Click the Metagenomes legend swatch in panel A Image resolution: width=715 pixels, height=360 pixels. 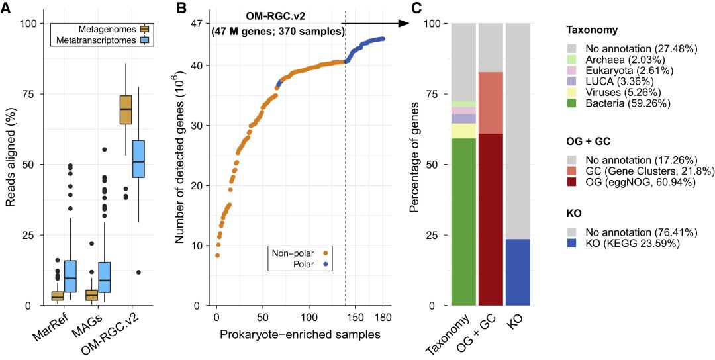click(144, 30)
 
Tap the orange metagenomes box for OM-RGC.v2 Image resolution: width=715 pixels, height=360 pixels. click(125, 109)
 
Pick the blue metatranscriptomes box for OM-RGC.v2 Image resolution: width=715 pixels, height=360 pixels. click(138, 167)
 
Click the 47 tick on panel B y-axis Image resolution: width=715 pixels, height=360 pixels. click(197, 23)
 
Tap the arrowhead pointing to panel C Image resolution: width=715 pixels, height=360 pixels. click(403, 23)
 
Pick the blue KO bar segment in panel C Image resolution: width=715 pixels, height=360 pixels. click(518, 272)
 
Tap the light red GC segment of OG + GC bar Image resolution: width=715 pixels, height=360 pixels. click(491, 103)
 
